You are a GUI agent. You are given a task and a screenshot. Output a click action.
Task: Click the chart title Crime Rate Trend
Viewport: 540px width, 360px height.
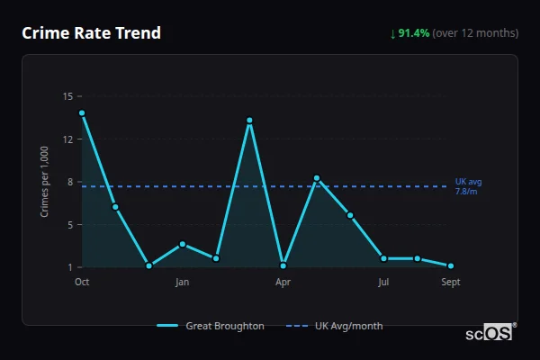click(x=91, y=33)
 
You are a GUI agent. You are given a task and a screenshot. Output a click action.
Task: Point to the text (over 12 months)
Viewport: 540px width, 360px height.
click(x=475, y=33)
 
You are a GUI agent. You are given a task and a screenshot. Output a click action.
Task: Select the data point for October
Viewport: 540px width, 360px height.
click(x=82, y=113)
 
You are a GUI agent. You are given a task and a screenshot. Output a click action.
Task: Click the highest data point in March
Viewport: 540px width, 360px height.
click(x=249, y=121)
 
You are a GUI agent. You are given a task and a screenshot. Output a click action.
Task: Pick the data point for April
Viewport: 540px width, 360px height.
click(x=283, y=265)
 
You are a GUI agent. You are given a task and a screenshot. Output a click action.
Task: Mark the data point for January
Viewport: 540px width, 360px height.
click(x=183, y=244)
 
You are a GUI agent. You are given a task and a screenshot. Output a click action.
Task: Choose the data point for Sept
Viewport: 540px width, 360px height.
click(x=451, y=265)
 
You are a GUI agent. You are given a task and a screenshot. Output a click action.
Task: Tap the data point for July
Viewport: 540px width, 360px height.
click(x=383, y=258)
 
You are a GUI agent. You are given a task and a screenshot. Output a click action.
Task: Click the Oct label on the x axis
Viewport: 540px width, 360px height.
click(x=82, y=283)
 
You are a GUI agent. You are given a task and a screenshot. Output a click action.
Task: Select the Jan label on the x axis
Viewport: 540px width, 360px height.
click(x=183, y=283)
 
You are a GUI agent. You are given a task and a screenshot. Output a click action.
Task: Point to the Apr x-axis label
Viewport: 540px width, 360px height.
click(x=283, y=283)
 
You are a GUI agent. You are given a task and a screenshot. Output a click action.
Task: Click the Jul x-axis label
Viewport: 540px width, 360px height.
click(x=383, y=283)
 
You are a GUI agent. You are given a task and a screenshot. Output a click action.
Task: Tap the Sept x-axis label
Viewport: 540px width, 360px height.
click(x=451, y=283)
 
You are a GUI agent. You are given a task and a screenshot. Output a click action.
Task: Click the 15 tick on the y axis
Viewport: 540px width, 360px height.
click(x=67, y=96)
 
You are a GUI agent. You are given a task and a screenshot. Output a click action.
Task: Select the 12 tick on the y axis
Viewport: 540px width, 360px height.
click(x=67, y=139)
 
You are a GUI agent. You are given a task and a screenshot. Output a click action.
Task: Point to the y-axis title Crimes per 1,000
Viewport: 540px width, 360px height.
click(x=45, y=182)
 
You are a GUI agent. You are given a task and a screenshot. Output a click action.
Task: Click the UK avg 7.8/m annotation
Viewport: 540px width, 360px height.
click(x=468, y=186)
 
